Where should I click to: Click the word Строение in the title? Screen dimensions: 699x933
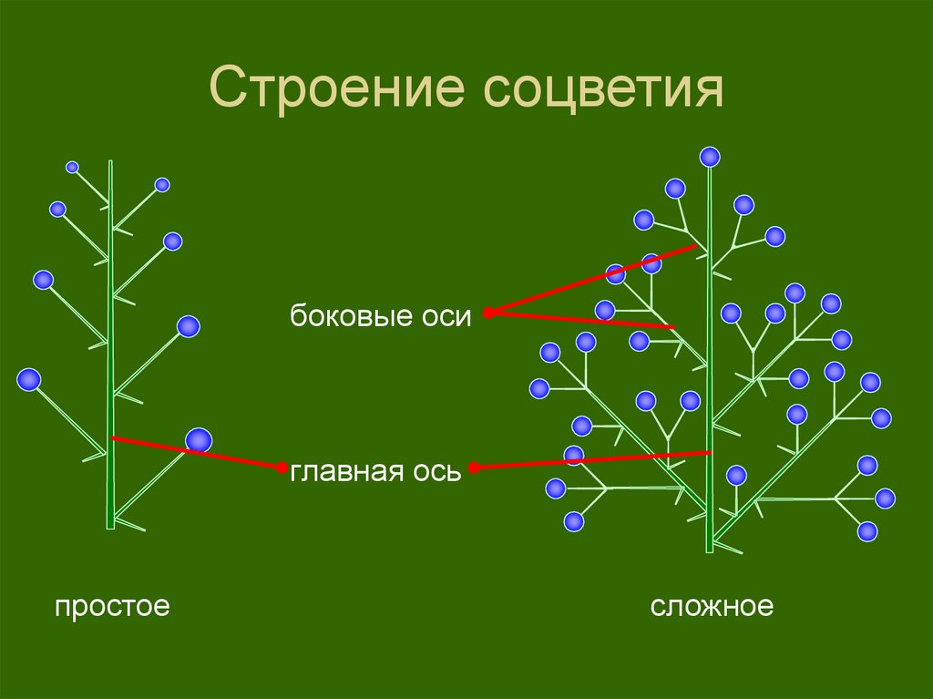337,92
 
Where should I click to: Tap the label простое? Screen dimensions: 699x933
112,606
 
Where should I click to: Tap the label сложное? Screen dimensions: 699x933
712,606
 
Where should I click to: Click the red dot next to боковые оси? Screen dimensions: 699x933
488,313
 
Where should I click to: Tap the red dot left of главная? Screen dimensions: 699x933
282,467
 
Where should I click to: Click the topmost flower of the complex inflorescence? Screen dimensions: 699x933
710,157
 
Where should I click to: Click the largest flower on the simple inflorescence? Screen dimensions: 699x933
199,441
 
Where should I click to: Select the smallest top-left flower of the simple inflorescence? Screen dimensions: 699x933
72,167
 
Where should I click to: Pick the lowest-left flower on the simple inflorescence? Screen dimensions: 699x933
29,379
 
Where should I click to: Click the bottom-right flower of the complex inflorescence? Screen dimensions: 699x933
867,530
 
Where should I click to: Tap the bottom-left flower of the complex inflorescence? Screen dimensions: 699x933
573,521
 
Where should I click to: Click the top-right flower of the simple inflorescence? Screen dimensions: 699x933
162,185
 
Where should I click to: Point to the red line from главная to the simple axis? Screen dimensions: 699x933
196,453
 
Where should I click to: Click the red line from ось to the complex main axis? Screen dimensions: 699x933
592,460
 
